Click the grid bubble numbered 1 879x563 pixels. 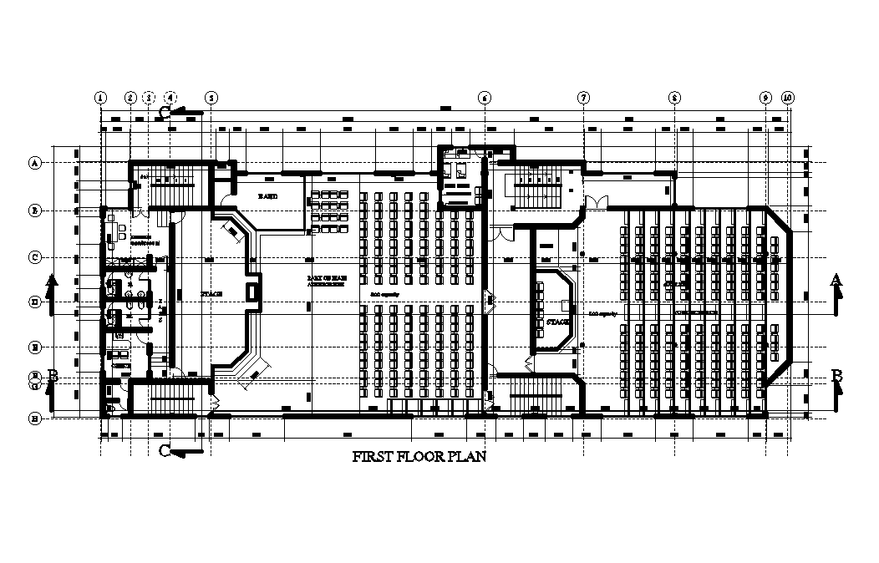[101, 98]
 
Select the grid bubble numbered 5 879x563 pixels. [211, 98]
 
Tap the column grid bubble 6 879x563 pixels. [484, 98]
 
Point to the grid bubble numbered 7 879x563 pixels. [583, 98]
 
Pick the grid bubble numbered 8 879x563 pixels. [674, 98]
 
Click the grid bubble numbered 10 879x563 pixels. [788, 98]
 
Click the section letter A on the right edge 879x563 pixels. [836, 281]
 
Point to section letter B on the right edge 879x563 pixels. [836, 376]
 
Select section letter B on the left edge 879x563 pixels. [53, 376]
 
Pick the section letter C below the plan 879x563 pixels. [165, 451]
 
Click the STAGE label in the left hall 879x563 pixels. [211, 294]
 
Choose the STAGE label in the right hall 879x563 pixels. [556, 321]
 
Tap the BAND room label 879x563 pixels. [267, 195]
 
